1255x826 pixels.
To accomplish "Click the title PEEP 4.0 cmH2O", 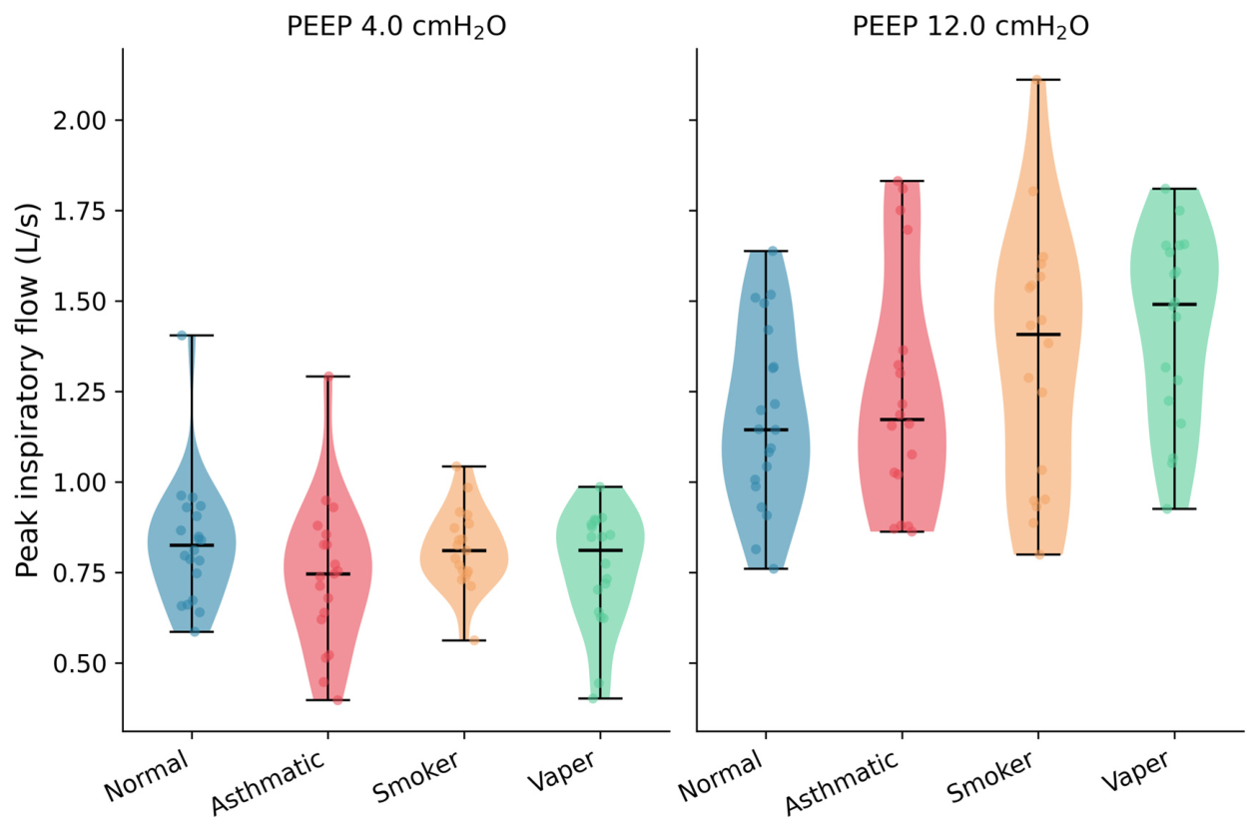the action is click(396, 27).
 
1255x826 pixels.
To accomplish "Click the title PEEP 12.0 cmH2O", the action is click(970, 27).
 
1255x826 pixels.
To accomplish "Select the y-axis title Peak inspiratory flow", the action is click(28, 390).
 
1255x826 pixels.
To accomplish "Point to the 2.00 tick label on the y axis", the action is click(80, 121).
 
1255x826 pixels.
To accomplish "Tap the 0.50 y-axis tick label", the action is click(80, 663).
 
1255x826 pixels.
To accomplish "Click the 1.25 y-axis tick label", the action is click(80, 392).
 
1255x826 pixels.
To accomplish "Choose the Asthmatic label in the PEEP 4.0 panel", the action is click(268, 782).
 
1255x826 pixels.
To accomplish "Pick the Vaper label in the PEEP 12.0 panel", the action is click(1135, 770).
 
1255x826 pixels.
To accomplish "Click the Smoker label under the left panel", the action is click(415, 776).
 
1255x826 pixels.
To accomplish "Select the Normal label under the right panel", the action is click(721, 776).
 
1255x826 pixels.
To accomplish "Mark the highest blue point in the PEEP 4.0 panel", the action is click(182, 336).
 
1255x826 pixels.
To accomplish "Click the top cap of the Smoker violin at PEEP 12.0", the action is click(1038, 80).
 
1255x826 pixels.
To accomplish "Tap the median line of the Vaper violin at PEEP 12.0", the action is click(1174, 305).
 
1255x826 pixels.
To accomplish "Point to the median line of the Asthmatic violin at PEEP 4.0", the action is click(327, 574).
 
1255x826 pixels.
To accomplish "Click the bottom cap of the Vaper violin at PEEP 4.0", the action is click(600, 698).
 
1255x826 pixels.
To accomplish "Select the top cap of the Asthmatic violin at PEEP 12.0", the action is click(902, 181).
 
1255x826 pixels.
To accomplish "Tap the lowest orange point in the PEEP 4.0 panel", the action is click(474, 640).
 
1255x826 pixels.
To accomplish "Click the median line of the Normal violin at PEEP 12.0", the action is click(766, 429).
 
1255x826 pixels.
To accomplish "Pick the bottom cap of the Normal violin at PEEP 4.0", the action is click(192, 631).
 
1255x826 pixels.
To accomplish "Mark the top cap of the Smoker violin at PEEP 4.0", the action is click(464, 466).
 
